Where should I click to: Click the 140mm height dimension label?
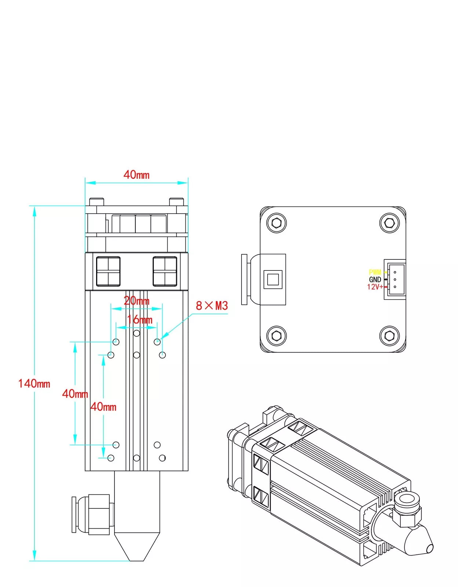34,384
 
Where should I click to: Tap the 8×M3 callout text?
212,306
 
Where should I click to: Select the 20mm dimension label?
137,301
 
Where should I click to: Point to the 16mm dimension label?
140,320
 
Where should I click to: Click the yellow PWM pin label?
375,272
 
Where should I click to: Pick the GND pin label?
375,280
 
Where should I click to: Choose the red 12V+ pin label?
375,287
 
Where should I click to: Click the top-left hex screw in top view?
276,223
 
